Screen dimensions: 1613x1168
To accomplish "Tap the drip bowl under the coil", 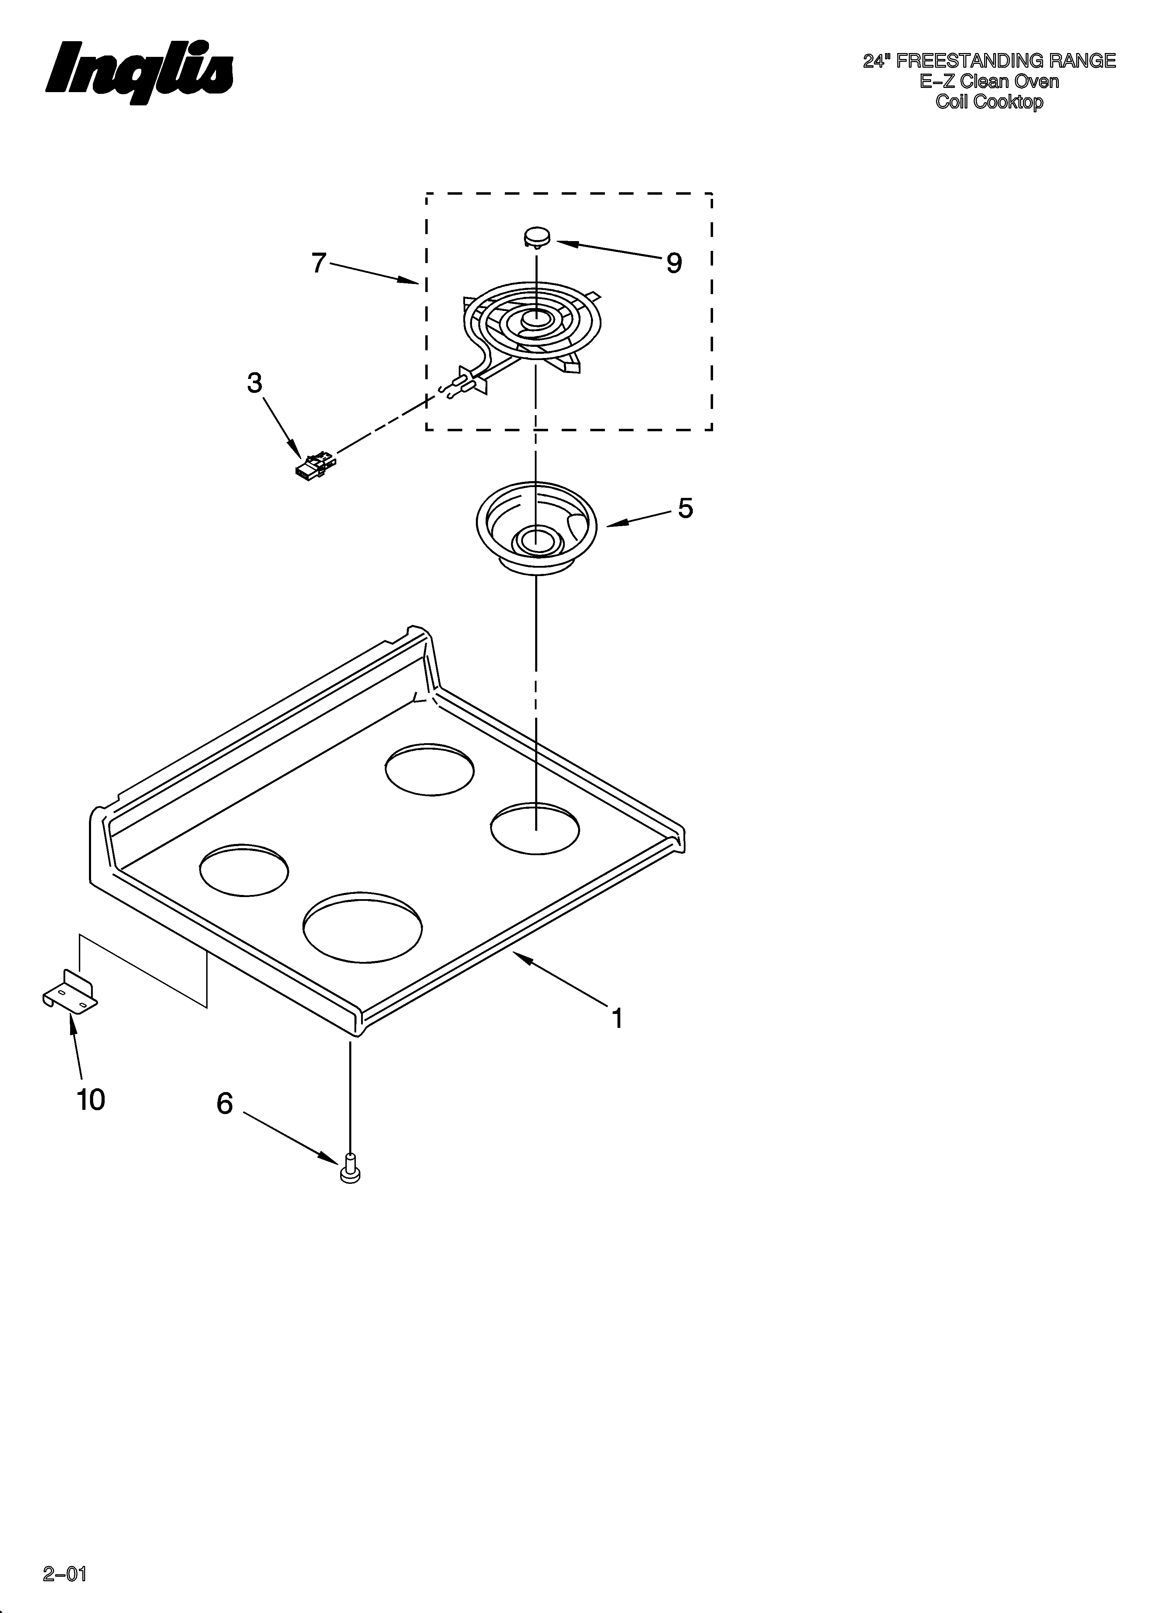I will coord(535,530).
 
